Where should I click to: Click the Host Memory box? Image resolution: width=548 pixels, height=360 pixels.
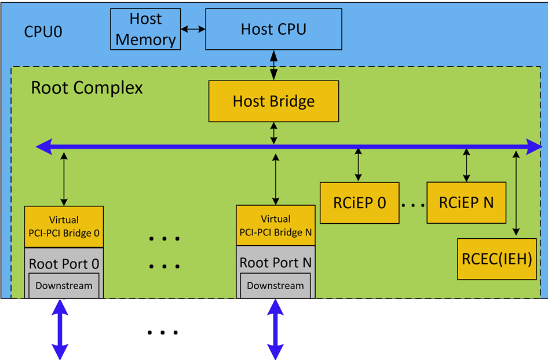pos(145,30)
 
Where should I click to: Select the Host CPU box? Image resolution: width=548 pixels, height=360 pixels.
pos(273,29)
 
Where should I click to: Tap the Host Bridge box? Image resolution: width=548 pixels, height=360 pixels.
pos(273,101)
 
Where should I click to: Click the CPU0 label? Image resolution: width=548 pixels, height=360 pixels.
pos(43,31)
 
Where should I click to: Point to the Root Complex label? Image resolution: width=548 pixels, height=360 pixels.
pos(86,88)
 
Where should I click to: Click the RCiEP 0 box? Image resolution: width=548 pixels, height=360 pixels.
pos(360,203)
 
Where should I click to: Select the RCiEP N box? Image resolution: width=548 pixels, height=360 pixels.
pos(466,202)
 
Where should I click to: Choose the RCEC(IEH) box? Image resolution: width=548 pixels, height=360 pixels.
pos(496,259)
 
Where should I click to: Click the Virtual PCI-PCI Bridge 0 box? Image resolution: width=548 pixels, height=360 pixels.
pos(64,226)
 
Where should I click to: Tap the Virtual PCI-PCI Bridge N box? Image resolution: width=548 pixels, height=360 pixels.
pos(275,226)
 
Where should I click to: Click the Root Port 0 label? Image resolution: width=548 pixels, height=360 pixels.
pos(64,264)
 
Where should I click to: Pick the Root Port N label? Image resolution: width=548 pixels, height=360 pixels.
pos(275,263)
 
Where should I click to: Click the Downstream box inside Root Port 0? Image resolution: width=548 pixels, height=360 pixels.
pos(64,285)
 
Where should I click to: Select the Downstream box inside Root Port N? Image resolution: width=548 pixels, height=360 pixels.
pos(275,285)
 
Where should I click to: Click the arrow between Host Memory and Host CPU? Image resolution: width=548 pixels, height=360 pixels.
pos(193,28)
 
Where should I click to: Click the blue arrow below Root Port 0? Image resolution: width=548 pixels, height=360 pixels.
pos(60,329)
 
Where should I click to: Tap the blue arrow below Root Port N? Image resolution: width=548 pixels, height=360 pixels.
pos(276,329)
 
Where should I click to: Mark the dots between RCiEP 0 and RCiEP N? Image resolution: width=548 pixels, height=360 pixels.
pos(412,205)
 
